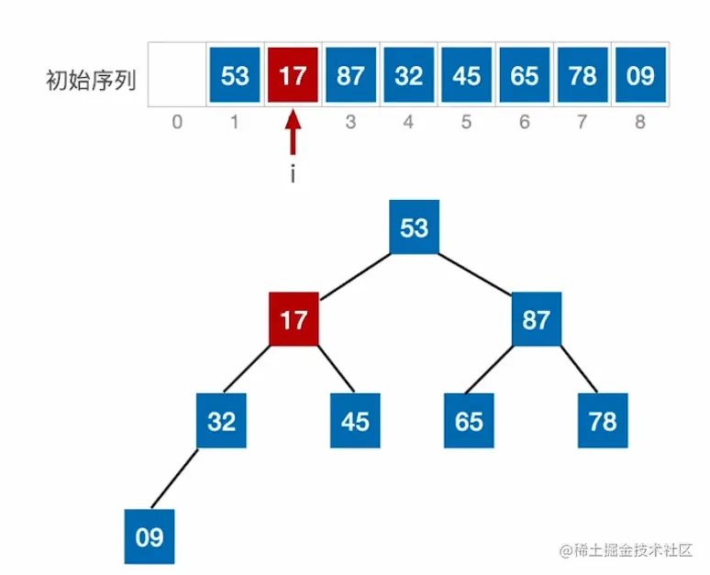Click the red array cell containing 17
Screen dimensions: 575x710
[x=293, y=74]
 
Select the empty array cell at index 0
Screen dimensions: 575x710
[x=177, y=74]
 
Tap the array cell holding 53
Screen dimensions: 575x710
[x=235, y=74]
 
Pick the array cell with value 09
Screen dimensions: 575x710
[x=640, y=74]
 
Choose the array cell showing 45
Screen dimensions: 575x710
[x=467, y=74]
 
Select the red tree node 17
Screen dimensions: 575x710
[x=294, y=320]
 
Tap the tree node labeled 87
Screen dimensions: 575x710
[x=536, y=320]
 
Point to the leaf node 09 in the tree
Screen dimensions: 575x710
[x=150, y=537]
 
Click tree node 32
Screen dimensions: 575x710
[x=221, y=421]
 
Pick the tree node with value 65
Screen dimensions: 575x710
[x=469, y=421]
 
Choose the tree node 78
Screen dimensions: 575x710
[x=602, y=421]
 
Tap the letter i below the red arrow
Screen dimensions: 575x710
[x=293, y=174]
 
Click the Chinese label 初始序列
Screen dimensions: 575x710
[x=91, y=80]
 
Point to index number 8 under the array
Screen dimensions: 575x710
[x=640, y=121]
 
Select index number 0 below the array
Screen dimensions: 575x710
[x=177, y=121]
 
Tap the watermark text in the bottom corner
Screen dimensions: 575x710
[x=625, y=550]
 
